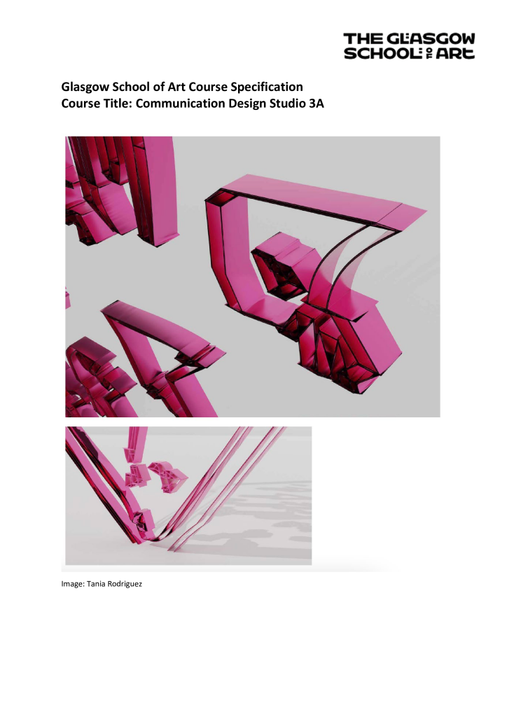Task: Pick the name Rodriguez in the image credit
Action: pyautogui.click(x=123, y=583)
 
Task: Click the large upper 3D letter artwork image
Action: pyautogui.click(x=252, y=277)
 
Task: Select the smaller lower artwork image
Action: pyautogui.click(x=188, y=495)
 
